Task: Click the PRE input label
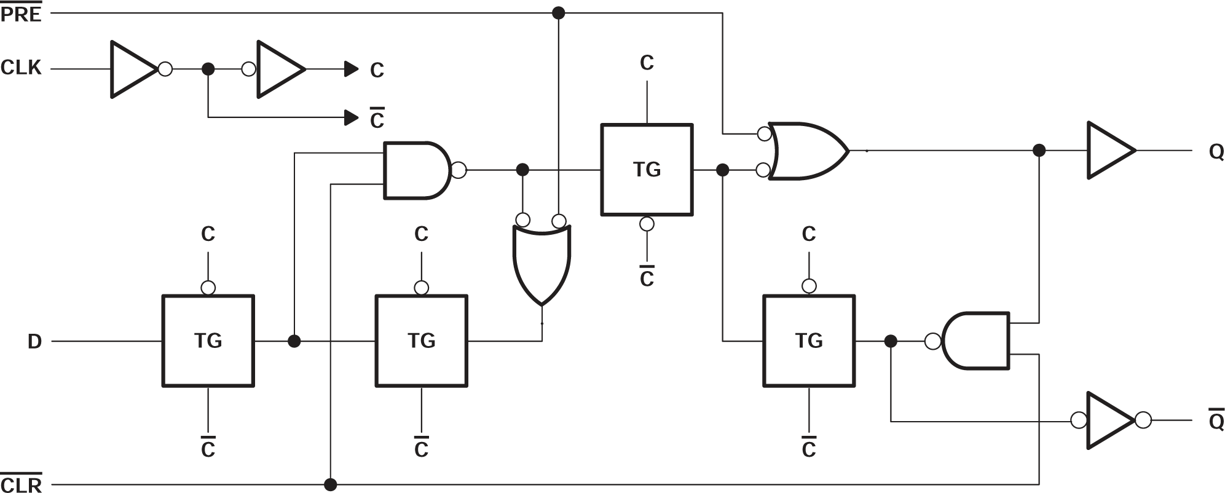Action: [x=21, y=14]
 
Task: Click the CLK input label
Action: [x=21, y=68]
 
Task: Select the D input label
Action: [x=34, y=341]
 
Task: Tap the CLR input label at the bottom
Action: [x=21, y=484]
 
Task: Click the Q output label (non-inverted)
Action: [x=1216, y=151]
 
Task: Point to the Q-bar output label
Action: [x=1216, y=421]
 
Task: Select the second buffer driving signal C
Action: [x=280, y=69]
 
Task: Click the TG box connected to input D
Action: [x=208, y=341]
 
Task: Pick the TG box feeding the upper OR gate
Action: [x=647, y=169]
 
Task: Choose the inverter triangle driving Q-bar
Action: [x=1108, y=420]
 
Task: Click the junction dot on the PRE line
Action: [x=558, y=12]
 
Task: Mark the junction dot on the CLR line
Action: [x=331, y=484]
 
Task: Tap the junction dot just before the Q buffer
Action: [x=1039, y=150]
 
